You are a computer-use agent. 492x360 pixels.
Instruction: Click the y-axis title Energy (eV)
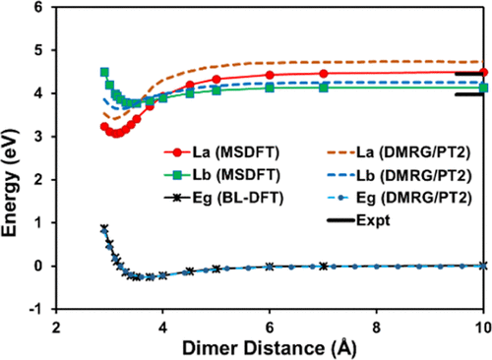click(x=14, y=157)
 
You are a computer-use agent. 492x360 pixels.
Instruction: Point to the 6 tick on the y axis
click(x=40, y=8)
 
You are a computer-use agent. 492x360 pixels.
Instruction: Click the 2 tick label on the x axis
click(x=56, y=325)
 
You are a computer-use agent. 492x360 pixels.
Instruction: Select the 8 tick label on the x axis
click(x=377, y=325)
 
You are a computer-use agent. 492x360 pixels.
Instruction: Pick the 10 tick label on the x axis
click(x=482, y=325)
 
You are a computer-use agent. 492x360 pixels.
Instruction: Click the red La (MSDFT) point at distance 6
click(x=270, y=75)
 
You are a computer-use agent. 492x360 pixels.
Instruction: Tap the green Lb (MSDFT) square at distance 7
click(x=324, y=88)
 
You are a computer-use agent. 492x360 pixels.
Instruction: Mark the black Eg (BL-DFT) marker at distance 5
click(x=216, y=269)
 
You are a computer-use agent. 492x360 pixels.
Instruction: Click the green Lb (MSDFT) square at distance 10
click(x=483, y=88)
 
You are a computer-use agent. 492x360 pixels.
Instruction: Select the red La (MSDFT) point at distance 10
click(x=483, y=73)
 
